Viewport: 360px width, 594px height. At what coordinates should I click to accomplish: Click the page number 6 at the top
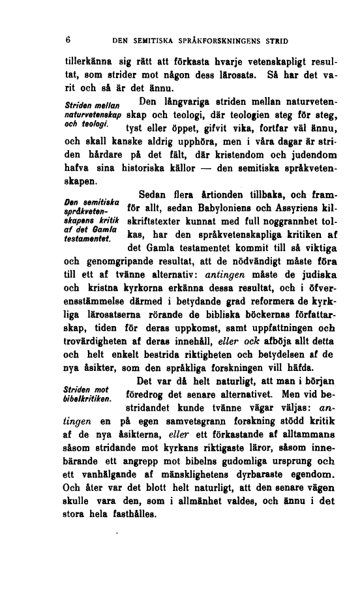click(x=68, y=40)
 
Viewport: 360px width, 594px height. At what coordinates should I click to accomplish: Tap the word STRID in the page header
click(x=276, y=40)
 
